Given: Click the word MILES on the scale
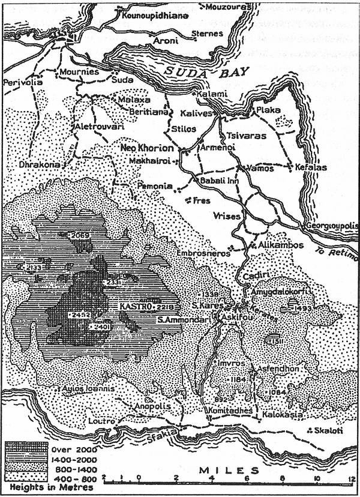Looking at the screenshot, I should pos(231,469).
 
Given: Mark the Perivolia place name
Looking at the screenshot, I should pos(22,81).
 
